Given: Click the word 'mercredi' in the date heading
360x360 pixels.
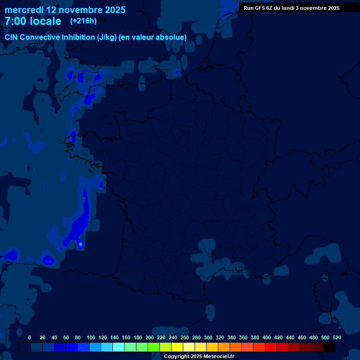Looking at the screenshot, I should [24, 10].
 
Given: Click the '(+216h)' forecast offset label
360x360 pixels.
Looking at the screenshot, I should [83, 21].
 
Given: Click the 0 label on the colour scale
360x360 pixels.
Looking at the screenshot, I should [30, 337].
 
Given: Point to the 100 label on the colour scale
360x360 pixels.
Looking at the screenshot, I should [91, 337].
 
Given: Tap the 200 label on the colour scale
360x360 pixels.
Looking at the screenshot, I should [150, 337].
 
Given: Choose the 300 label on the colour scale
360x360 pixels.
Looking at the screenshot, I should [208, 337].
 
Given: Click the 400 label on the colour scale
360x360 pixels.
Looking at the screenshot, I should [267, 337].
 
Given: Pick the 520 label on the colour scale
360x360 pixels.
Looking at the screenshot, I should [337, 337].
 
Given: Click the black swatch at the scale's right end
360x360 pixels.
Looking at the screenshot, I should [330, 347].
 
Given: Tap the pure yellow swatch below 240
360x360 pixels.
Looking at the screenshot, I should [177, 347].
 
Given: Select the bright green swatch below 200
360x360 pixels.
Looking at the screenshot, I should [154, 347].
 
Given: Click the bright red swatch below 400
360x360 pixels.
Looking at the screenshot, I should [271, 347].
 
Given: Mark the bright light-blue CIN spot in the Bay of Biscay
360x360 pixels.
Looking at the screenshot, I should [80, 243].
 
